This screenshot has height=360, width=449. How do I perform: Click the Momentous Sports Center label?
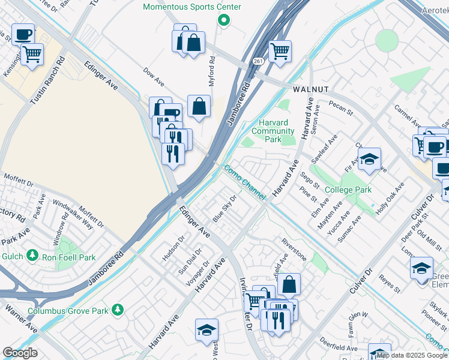[x=191, y=7]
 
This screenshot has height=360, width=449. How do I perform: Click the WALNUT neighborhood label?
[x=310, y=89]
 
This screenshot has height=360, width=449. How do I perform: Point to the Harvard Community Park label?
[x=273, y=131]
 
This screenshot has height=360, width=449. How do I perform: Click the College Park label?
[x=348, y=190]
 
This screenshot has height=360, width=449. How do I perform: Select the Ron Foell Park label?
[x=68, y=257]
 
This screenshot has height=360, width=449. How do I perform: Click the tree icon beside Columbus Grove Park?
[x=119, y=310]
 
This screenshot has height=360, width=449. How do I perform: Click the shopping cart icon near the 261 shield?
[x=280, y=52]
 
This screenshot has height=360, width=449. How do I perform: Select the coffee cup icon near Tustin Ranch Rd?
[x=23, y=35]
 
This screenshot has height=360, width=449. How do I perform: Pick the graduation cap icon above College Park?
[x=370, y=160]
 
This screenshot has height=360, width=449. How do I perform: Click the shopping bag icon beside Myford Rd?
[x=199, y=106]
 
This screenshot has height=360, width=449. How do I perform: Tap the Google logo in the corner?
[x=20, y=353]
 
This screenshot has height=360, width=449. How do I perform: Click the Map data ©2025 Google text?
[x=411, y=355]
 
